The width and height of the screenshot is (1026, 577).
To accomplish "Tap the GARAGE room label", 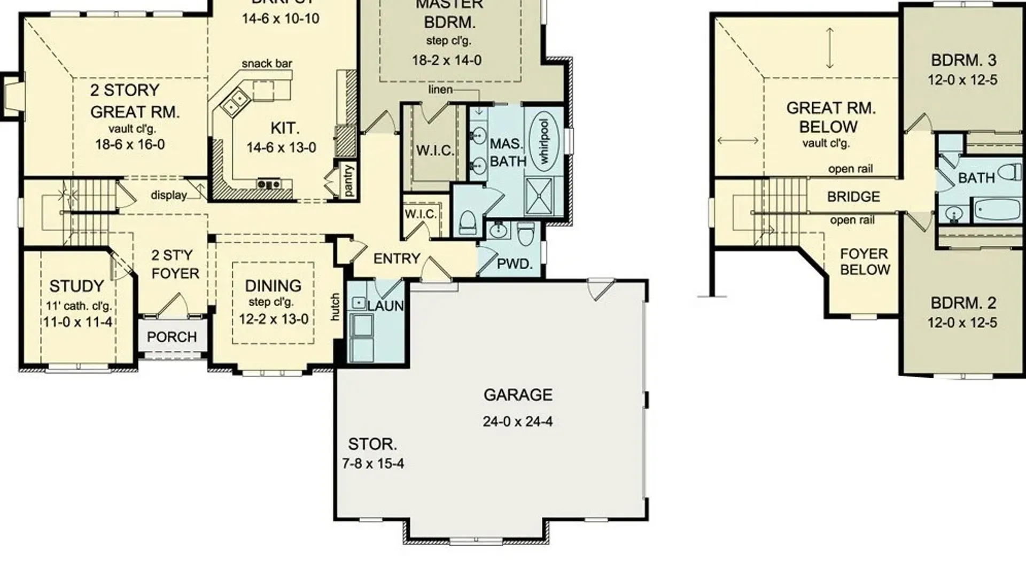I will (518, 395).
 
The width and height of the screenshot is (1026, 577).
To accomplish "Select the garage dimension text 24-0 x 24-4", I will (517, 422).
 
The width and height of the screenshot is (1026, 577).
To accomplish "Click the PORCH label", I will (172, 337).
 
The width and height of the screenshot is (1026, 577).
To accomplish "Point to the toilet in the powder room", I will (526, 233).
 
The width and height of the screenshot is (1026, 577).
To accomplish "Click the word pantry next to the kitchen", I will (348, 181).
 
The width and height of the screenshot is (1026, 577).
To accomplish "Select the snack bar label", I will (267, 64).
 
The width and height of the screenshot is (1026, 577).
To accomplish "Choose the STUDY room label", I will (76, 286).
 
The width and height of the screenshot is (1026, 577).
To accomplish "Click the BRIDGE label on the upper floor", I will (853, 197).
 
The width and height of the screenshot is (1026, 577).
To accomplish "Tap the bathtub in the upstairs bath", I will (997, 209).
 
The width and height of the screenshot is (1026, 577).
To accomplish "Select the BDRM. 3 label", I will (963, 60).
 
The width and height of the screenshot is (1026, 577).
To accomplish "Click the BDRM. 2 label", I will (963, 303).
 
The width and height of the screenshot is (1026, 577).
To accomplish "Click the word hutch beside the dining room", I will (335, 307).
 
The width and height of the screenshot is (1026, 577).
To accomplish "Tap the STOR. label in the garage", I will (372, 444).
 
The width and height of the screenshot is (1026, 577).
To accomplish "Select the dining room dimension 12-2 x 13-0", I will (274, 319).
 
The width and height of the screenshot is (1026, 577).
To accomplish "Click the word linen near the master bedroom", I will (440, 90).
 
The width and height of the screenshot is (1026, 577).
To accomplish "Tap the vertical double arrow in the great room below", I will (829, 48).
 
